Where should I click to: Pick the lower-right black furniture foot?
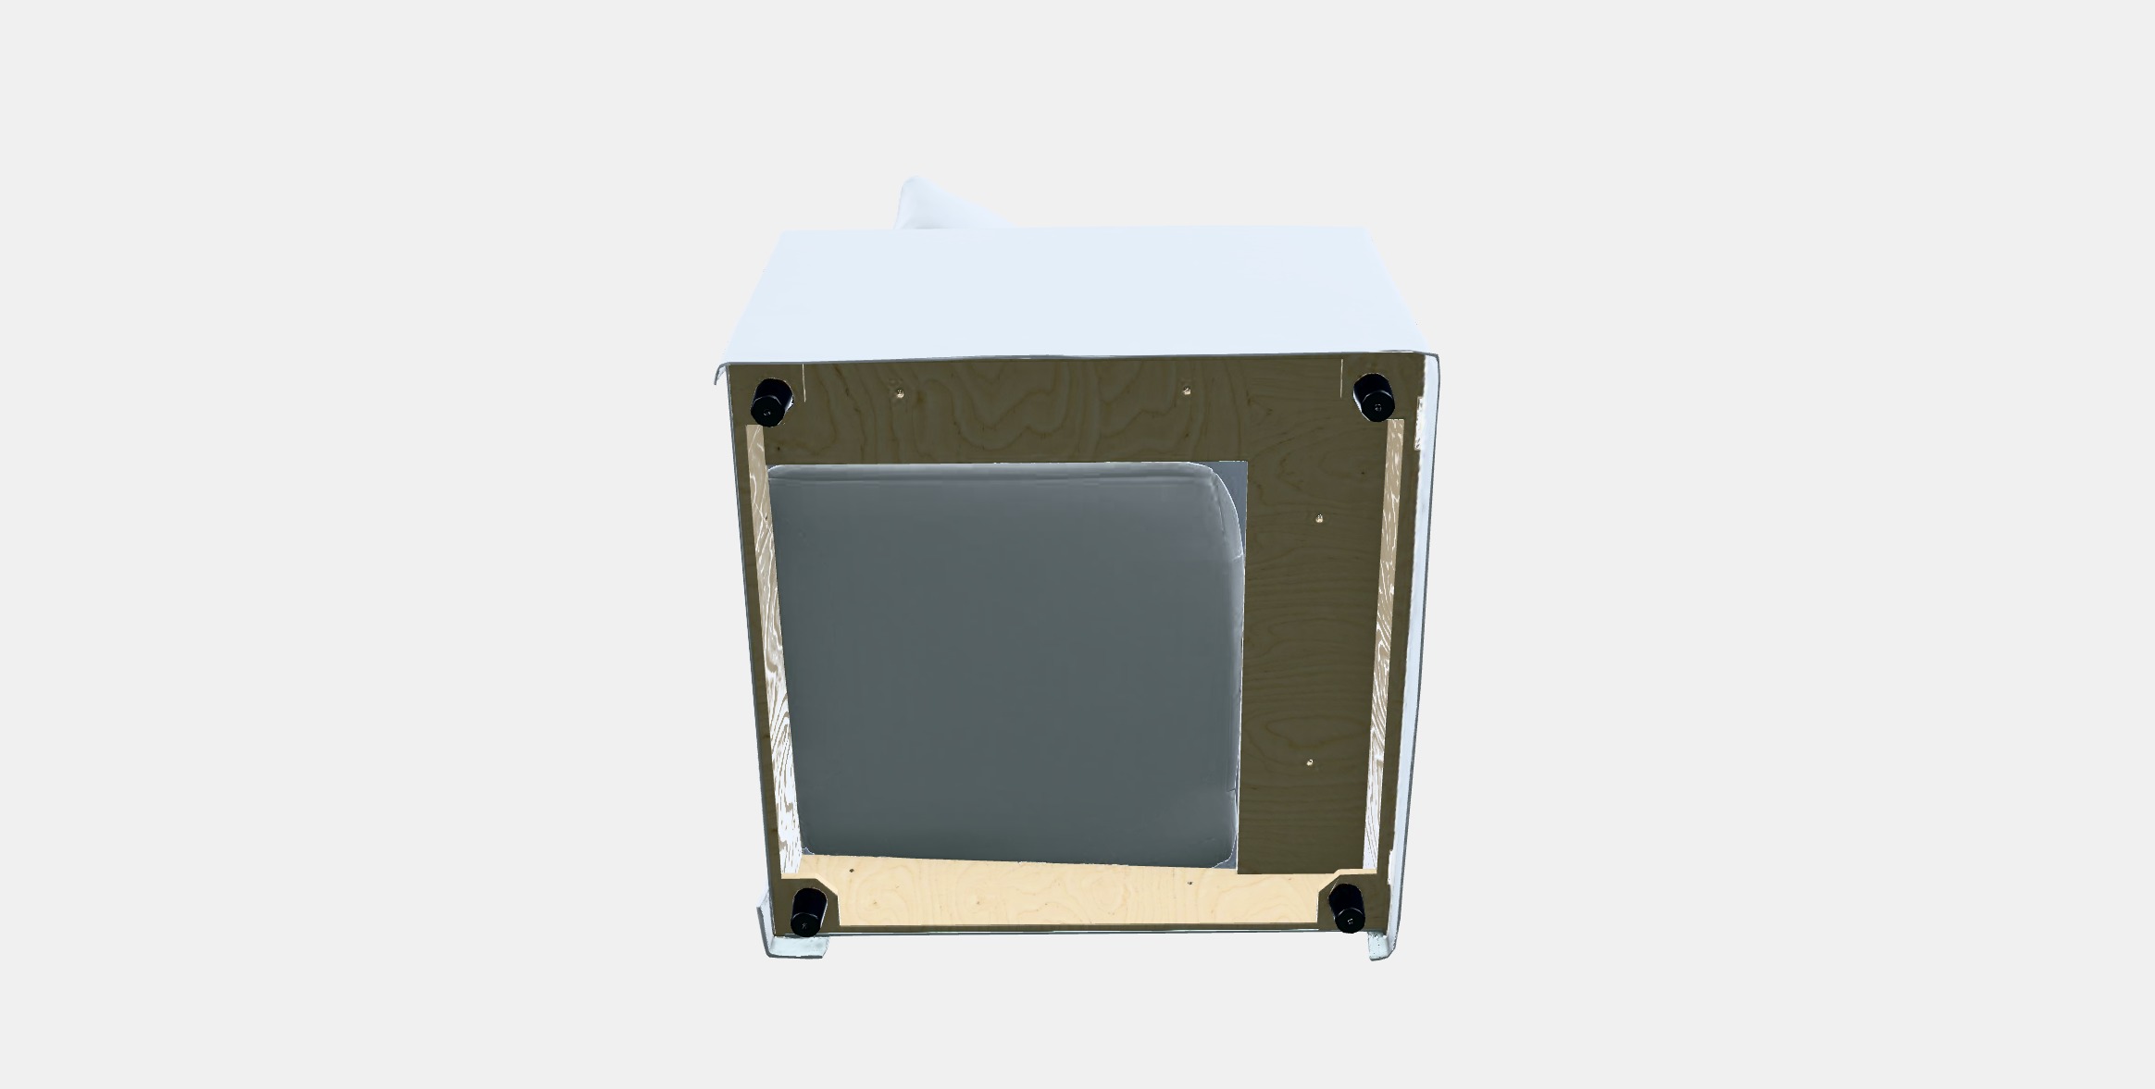[1345, 907]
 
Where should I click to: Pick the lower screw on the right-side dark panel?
[1309, 763]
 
